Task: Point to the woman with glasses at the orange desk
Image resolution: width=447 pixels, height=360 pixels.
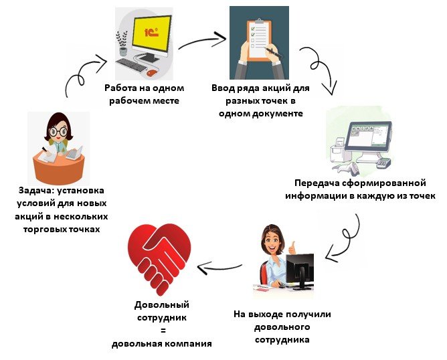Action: point(59,149)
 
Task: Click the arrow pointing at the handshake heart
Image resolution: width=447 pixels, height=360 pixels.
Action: point(221,270)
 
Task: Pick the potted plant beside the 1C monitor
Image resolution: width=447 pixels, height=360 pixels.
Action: point(122,43)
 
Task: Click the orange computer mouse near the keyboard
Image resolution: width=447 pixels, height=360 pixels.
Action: point(152,72)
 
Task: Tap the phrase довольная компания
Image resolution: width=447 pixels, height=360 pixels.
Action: point(162,344)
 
